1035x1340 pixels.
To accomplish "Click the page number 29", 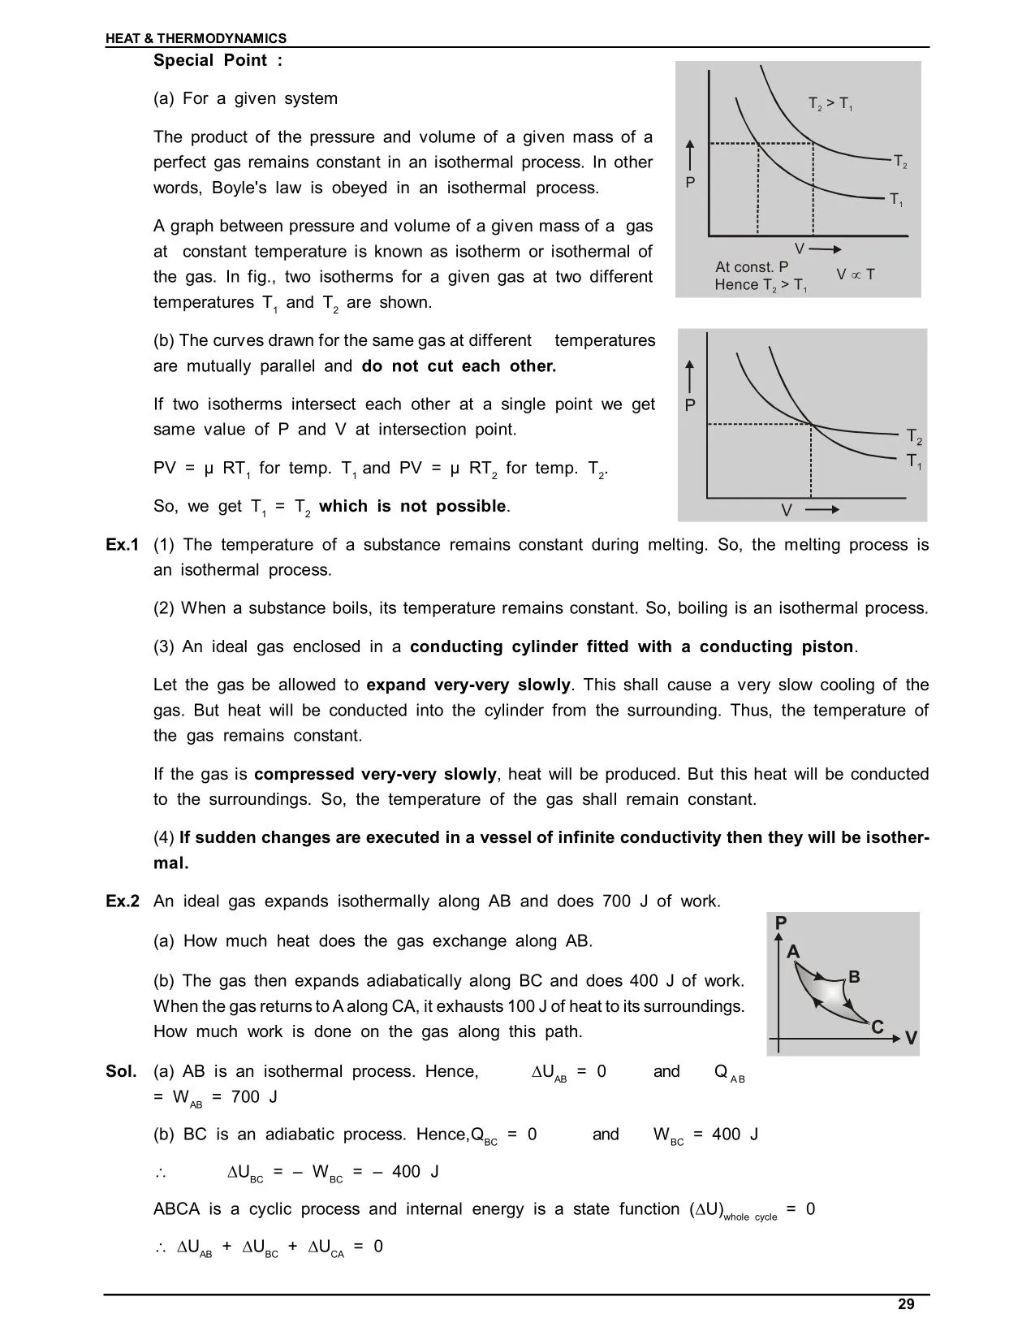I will click(x=906, y=1304).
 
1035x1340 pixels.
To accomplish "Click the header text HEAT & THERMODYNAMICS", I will click(x=196, y=38).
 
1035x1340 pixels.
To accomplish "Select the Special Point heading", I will click(x=218, y=60).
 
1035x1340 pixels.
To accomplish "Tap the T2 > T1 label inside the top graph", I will click(x=830, y=104).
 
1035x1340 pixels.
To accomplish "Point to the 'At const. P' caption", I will click(x=752, y=266).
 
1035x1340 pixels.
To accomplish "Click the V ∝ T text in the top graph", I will click(x=856, y=274).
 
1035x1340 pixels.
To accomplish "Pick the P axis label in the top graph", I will click(x=690, y=183).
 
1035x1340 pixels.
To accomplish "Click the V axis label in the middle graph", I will click(x=786, y=510).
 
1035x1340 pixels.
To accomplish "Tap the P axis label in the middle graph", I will click(x=690, y=405).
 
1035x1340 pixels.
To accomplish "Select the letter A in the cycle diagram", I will click(x=793, y=952).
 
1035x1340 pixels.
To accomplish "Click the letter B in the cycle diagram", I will click(x=854, y=976).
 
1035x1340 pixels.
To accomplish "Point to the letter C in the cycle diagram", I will click(x=877, y=1027).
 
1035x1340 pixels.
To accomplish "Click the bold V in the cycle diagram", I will click(x=911, y=1039).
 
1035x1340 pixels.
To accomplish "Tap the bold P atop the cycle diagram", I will click(x=781, y=923).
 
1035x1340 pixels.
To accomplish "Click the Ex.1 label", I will click(x=123, y=544).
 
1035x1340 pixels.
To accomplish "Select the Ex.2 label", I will click(x=123, y=901).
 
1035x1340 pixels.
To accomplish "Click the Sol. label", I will click(x=121, y=1071).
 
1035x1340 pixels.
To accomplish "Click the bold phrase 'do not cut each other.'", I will click(x=459, y=365).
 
